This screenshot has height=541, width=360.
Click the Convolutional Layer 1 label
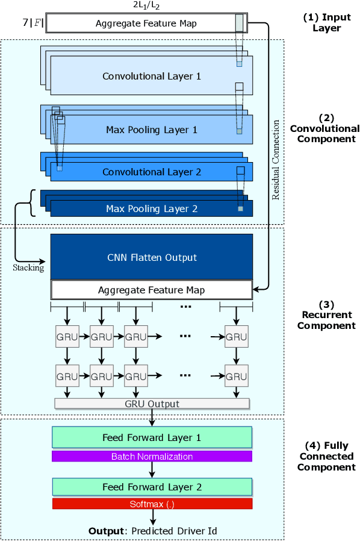tap(151, 77)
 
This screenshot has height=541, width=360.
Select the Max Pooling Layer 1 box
tap(151, 130)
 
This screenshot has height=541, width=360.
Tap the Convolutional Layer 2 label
tap(151, 172)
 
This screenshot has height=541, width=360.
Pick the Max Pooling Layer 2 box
tap(151, 209)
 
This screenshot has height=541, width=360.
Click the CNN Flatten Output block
tap(151, 257)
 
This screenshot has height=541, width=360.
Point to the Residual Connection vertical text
tap(276, 160)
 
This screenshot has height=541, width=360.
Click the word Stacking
tap(28, 267)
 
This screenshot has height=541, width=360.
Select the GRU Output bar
tap(152, 404)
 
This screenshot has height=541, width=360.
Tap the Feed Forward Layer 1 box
tap(152, 437)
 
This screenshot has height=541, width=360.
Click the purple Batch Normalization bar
tap(152, 457)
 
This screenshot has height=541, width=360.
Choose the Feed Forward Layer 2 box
tap(152, 487)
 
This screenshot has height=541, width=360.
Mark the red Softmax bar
tap(152, 504)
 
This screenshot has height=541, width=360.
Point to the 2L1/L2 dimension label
tap(145, 5)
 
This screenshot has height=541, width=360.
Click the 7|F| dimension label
tap(33, 23)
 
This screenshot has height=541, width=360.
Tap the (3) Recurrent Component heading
tap(326, 316)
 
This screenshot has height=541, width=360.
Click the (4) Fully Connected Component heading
tap(326, 457)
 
